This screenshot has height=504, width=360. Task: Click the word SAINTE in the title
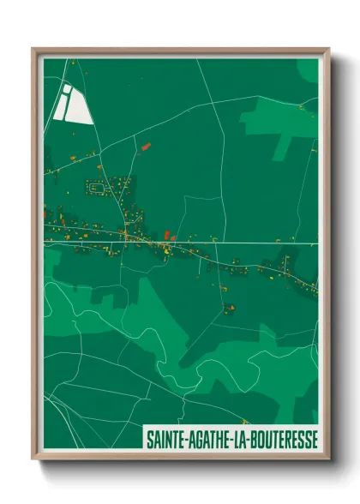(x=161, y=439)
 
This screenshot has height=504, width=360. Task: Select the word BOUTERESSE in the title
(x=278, y=439)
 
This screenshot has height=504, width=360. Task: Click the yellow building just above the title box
(x=243, y=423)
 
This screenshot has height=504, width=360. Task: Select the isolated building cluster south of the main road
(x=228, y=306)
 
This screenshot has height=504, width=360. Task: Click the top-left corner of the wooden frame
(x=33, y=50)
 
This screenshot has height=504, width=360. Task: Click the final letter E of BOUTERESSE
(x=313, y=439)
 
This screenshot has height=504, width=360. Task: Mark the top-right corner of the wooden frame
(x=328, y=50)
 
